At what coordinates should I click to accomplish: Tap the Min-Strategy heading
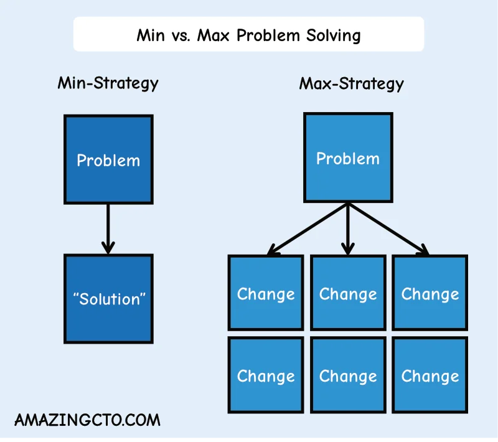(x=108, y=83)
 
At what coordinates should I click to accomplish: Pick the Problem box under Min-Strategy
(x=108, y=159)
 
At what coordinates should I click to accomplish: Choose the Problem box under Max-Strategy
(x=348, y=158)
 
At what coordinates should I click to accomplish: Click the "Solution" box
(x=108, y=299)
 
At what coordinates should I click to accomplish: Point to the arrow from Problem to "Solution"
(x=108, y=228)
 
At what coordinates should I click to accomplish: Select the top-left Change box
(x=266, y=293)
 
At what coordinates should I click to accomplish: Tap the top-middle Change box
(x=348, y=293)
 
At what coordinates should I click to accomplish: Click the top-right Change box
(x=430, y=293)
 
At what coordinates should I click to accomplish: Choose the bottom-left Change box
(x=266, y=375)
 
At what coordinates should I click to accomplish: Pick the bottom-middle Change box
(x=348, y=375)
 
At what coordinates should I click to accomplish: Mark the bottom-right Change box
(x=430, y=375)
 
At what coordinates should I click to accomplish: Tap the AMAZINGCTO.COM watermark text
(x=87, y=420)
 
